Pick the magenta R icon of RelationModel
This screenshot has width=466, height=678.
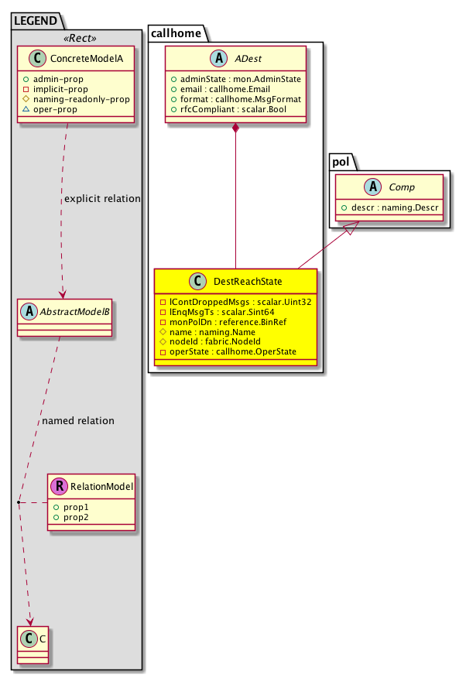pos(59,487)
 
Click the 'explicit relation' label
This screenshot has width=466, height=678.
pos(103,199)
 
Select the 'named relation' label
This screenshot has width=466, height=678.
pos(78,421)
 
